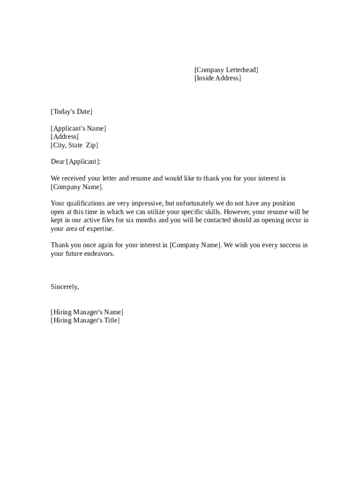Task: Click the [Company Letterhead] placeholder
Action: tap(226, 70)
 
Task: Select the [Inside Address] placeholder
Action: tap(217, 79)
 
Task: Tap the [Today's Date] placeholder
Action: tap(72, 112)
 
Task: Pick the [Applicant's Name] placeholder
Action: tap(78, 129)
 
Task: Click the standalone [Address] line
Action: tap(65, 137)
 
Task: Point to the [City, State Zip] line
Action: tap(74, 145)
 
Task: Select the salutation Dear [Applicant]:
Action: tap(75, 162)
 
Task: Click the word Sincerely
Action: tap(64, 287)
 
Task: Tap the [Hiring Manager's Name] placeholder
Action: tap(87, 312)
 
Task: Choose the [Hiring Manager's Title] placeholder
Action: tap(85, 321)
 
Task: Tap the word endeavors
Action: tap(99, 254)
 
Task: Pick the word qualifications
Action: tap(85, 203)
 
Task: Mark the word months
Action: tap(145, 220)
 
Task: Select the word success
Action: tap(285, 246)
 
